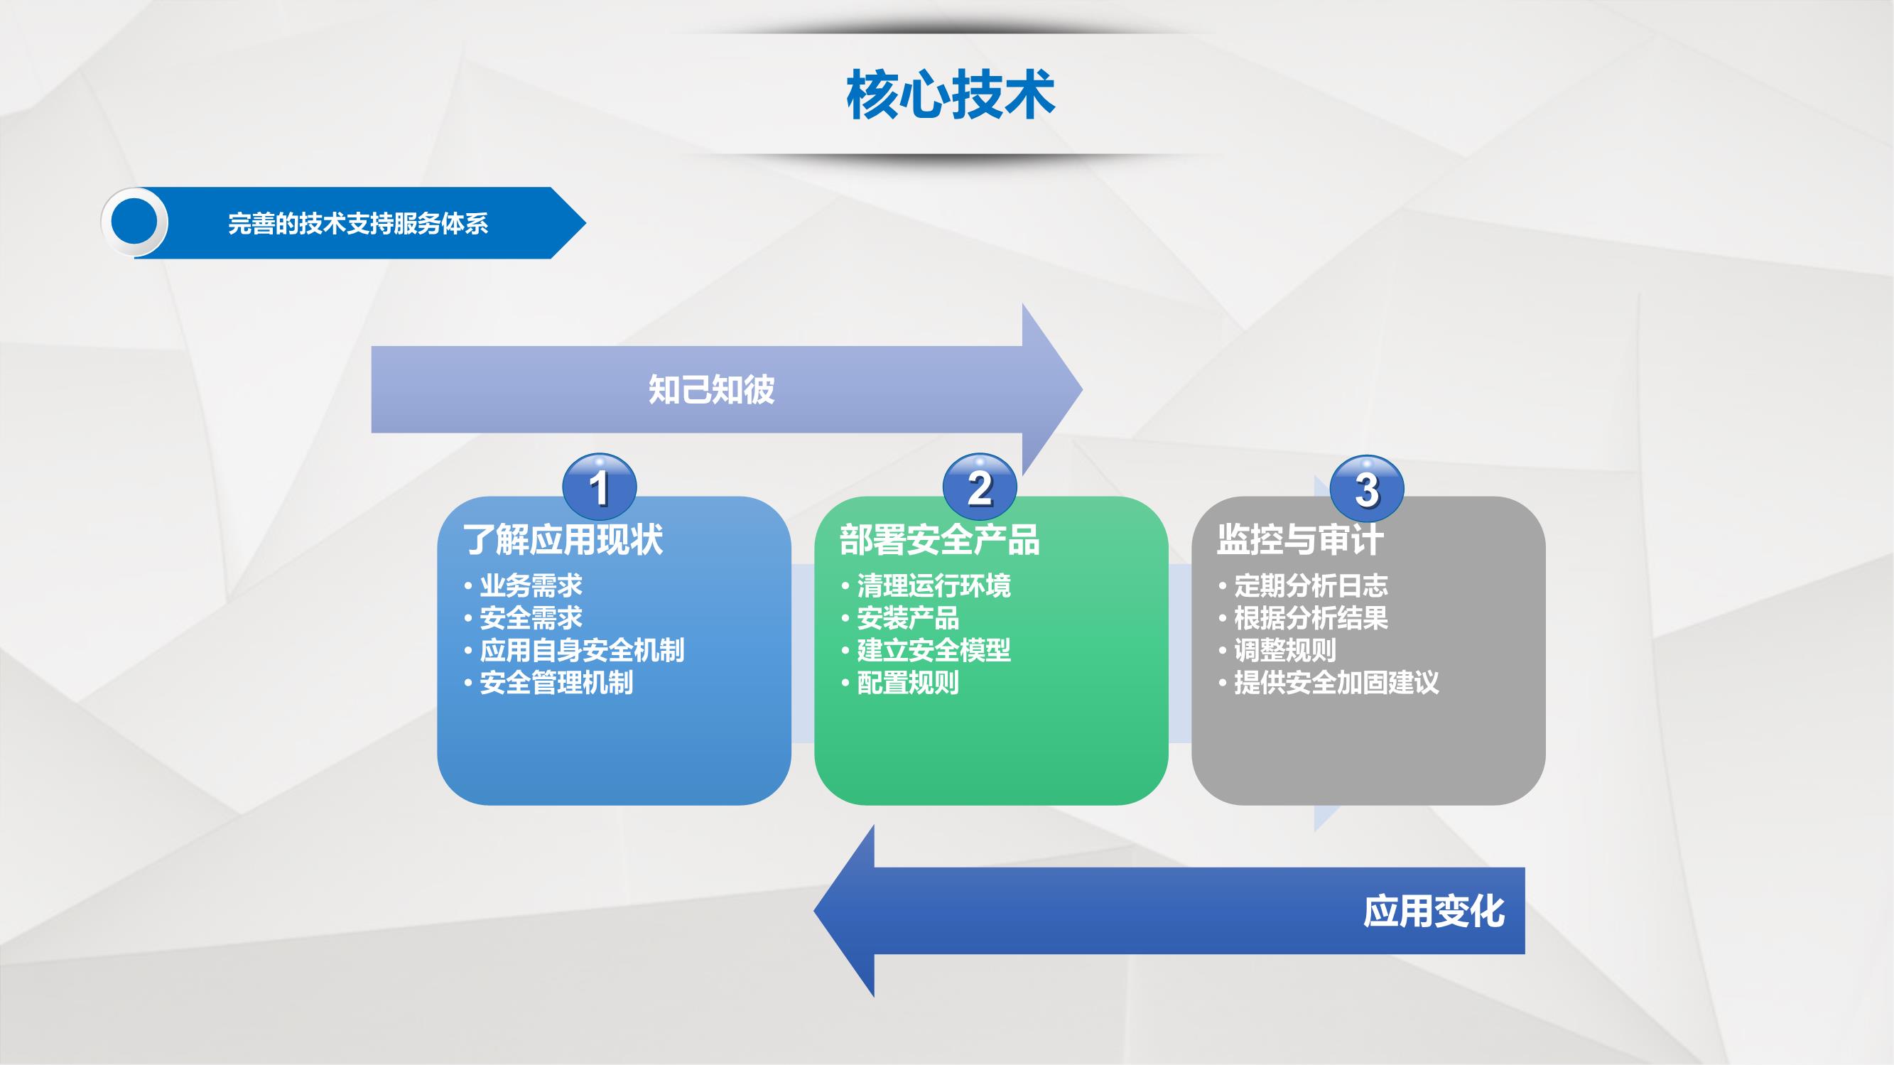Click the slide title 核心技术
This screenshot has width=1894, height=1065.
pos(951,95)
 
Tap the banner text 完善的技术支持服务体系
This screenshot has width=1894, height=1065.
pos(358,224)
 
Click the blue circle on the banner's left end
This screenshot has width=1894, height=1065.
pos(134,222)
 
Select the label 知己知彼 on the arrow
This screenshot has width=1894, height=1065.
pos(711,389)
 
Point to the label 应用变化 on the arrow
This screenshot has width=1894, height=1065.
pos(1434,912)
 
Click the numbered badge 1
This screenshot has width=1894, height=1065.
pos(599,486)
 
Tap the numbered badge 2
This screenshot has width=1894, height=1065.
pos(980,486)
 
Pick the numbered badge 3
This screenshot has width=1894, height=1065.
pos(1368,488)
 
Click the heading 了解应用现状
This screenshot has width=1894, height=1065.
pos(563,539)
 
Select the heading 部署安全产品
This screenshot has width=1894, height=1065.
pos(940,539)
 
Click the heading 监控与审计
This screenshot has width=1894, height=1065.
pos(1300,539)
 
